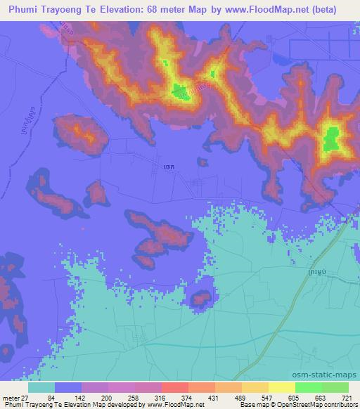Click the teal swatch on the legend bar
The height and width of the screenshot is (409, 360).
click(41, 388)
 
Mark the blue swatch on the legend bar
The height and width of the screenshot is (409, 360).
click(68, 388)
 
